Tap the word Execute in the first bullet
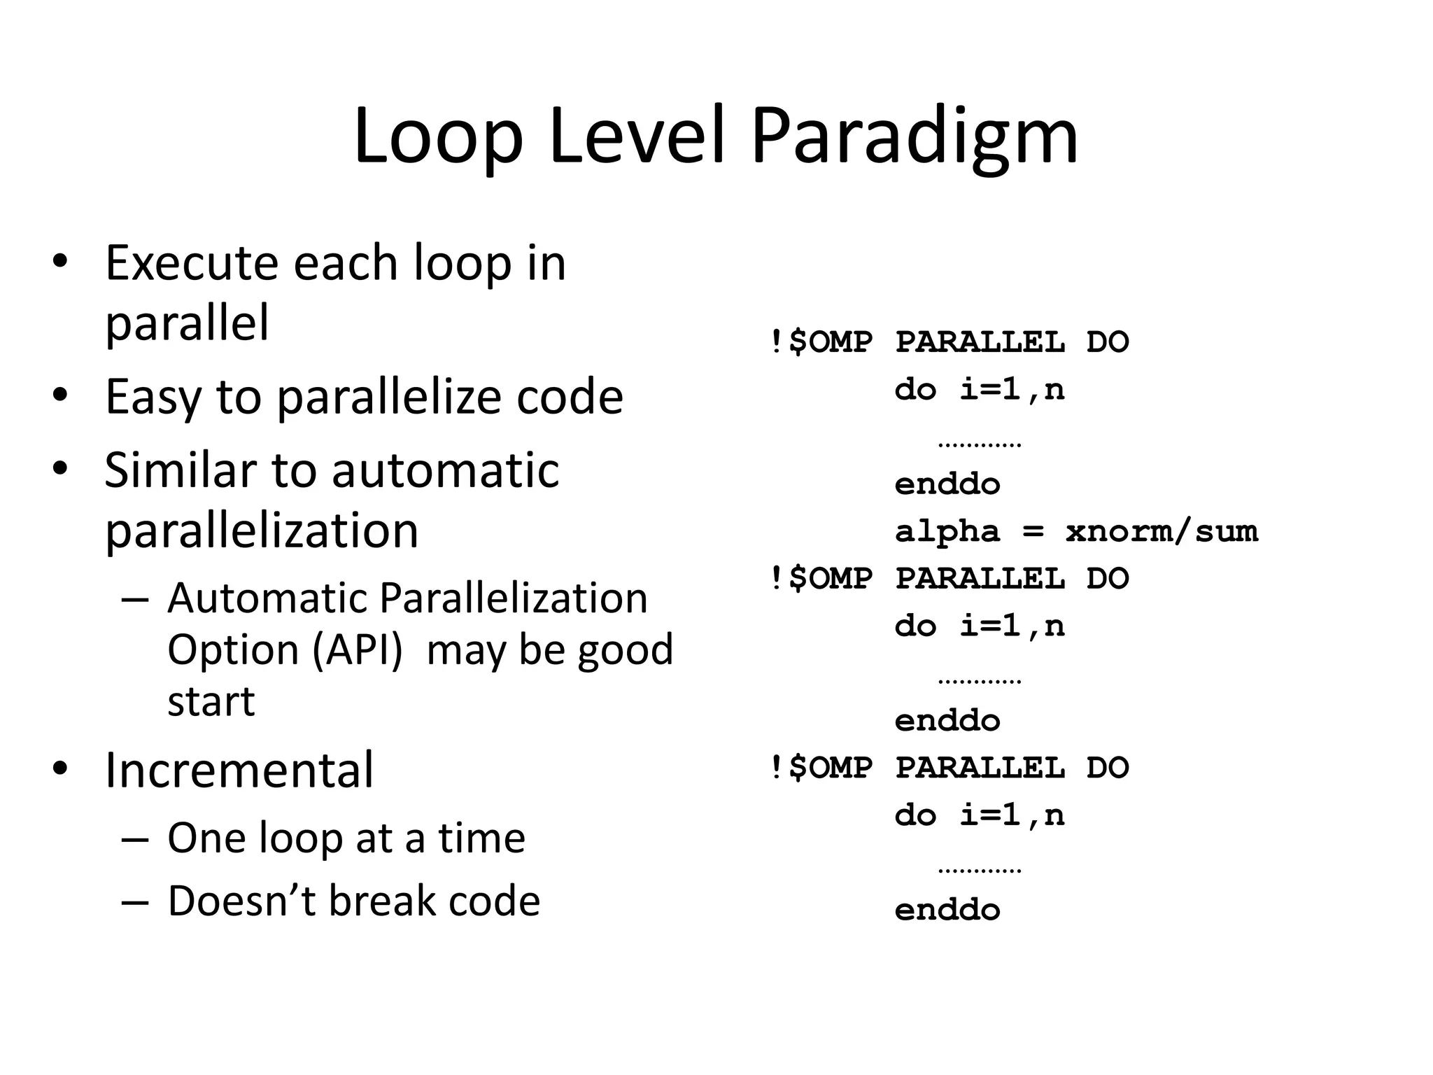[x=191, y=263]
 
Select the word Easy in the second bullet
[x=153, y=398]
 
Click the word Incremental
[x=239, y=770]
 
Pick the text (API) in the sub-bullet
[x=357, y=650]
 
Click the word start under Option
[x=211, y=701]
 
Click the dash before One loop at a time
[x=135, y=839]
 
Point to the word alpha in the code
[x=947, y=531]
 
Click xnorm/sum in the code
[x=1162, y=531]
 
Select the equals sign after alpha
[x=1033, y=532]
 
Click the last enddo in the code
[x=947, y=910]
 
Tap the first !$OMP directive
[x=821, y=342]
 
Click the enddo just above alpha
[x=947, y=484]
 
